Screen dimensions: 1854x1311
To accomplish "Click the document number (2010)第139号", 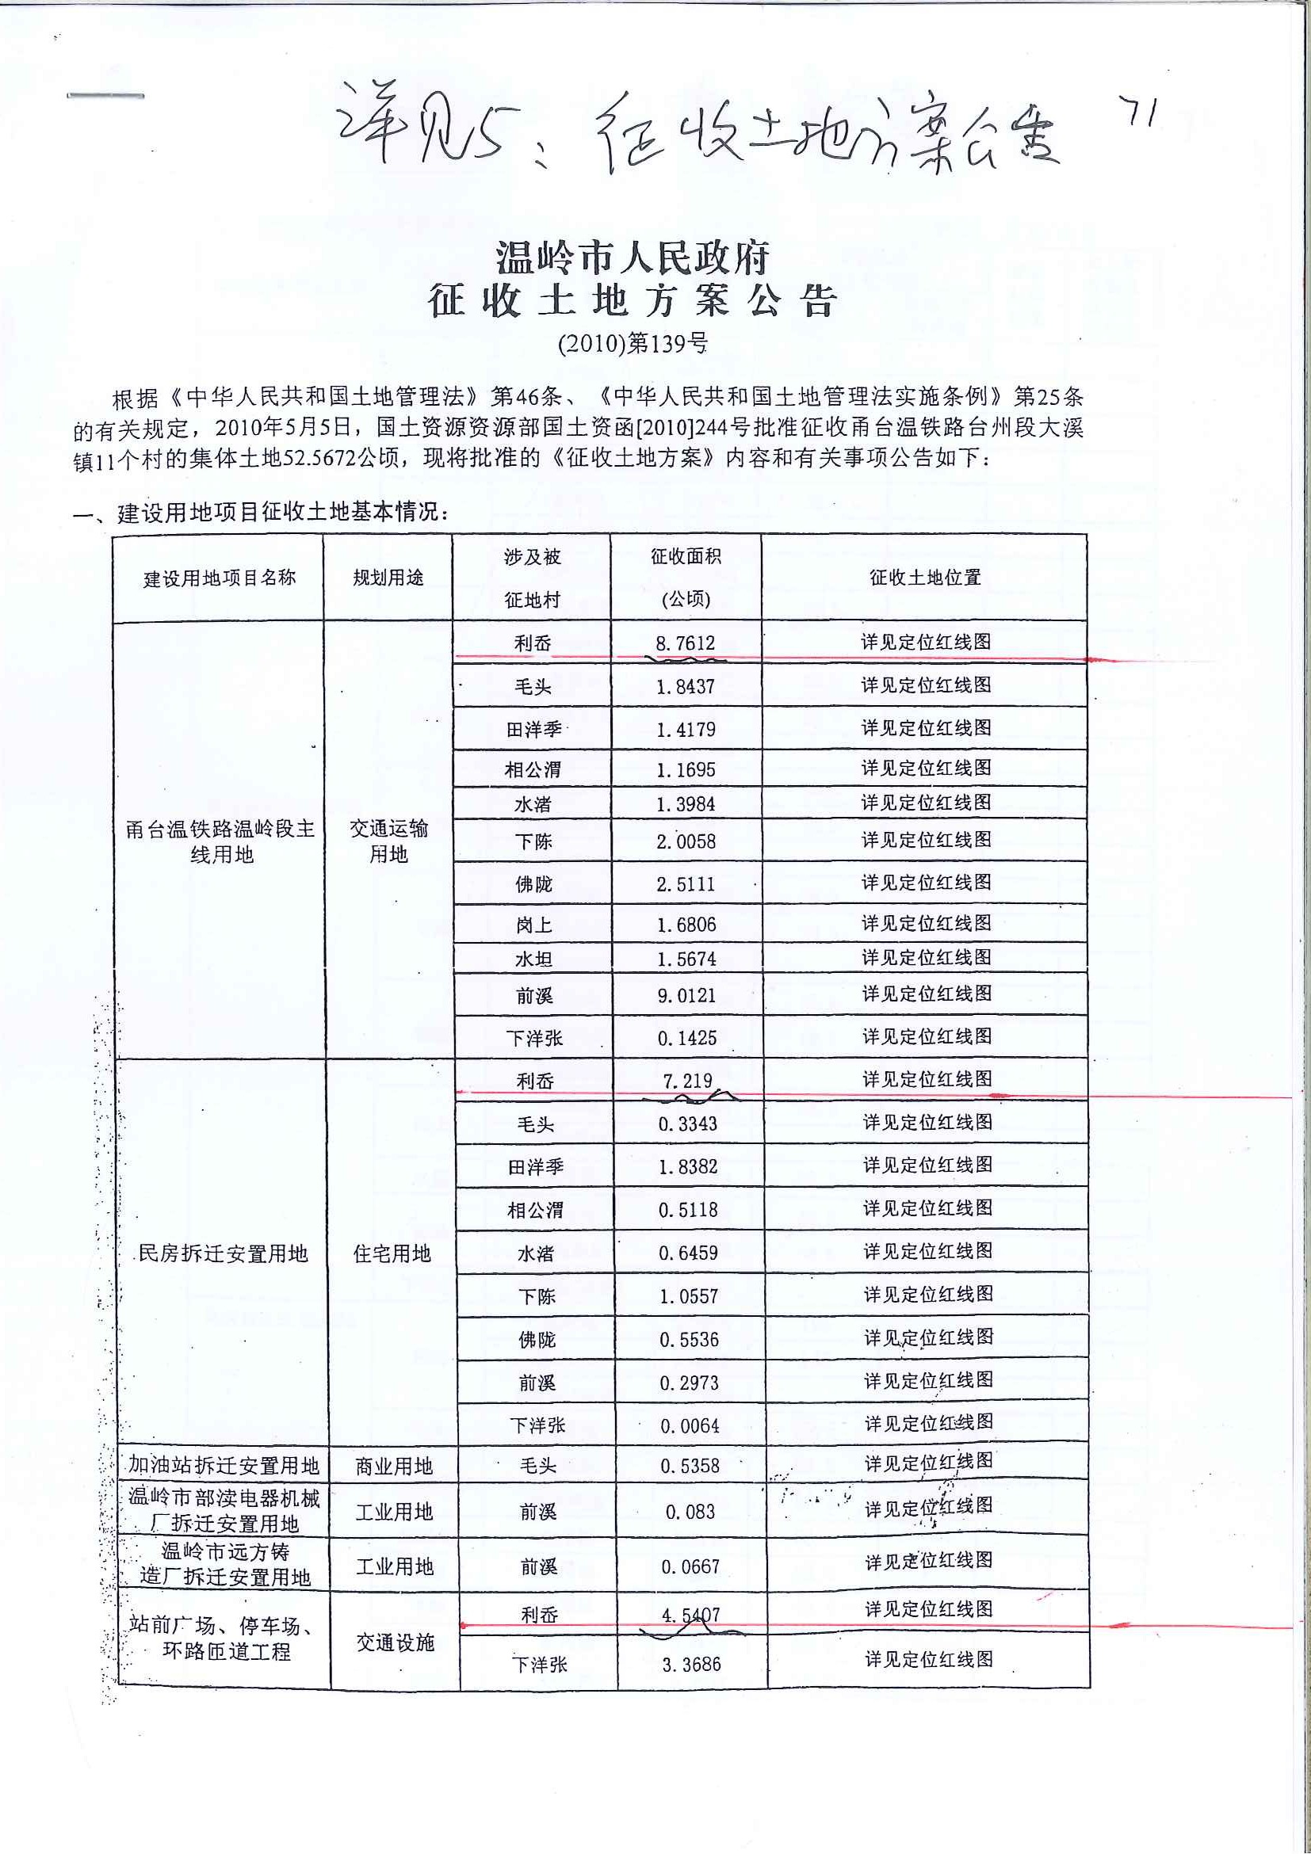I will tap(633, 344).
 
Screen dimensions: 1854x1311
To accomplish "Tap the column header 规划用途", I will tap(388, 578).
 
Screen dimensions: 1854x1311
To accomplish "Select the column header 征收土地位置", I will tap(925, 578).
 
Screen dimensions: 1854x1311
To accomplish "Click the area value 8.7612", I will tap(685, 643).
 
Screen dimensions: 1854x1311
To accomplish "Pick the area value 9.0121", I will tap(686, 996).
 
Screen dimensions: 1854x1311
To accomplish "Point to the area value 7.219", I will tap(687, 1081).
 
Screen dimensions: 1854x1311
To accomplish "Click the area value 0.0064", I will tap(690, 1426).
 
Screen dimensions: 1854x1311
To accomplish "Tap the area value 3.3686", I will tap(691, 1664).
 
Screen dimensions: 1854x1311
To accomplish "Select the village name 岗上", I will tap(534, 925).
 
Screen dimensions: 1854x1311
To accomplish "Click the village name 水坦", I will tap(534, 959).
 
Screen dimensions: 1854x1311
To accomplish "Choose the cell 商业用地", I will tap(394, 1467).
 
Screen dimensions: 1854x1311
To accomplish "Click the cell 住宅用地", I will tap(392, 1253).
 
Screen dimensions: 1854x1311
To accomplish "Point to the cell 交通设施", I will tap(395, 1642).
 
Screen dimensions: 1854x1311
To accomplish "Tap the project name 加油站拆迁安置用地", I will tap(224, 1466).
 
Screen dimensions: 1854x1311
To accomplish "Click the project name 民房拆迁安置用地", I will tap(224, 1253).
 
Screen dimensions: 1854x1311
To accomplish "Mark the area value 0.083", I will tap(690, 1512).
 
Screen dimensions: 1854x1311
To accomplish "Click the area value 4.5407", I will tap(690, 1615).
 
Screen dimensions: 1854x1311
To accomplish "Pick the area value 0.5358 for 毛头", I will tap(690, 1466).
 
